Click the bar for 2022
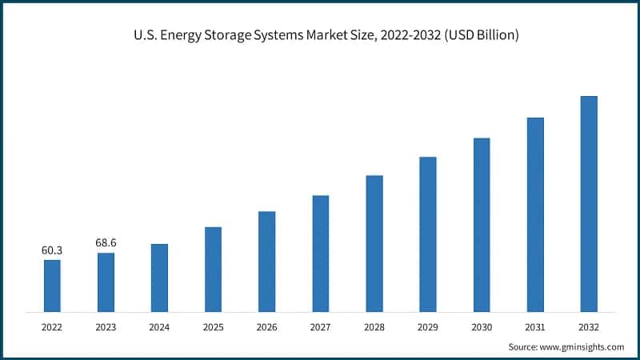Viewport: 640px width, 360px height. [52, 286]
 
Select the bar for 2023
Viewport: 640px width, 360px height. [106, 282]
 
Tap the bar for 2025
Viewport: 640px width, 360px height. [213, 269]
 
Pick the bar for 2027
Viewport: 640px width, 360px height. [321, 253]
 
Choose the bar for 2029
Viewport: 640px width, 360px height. [428, 234]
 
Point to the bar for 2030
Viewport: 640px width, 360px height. [482, 224]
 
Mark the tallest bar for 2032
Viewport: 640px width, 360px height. [589, 203]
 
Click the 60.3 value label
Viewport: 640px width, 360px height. [52, 250]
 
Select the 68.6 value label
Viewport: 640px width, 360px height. [106, 242]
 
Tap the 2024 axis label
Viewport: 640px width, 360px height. [159, 326]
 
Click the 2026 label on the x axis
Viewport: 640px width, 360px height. [267, 326]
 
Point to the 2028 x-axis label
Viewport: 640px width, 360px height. [374, 326]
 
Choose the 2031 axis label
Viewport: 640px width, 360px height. [535, 326]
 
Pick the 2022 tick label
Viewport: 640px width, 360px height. [52, 326]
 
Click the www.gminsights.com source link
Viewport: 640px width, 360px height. [580, 346]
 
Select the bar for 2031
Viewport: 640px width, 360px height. [535, 214]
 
